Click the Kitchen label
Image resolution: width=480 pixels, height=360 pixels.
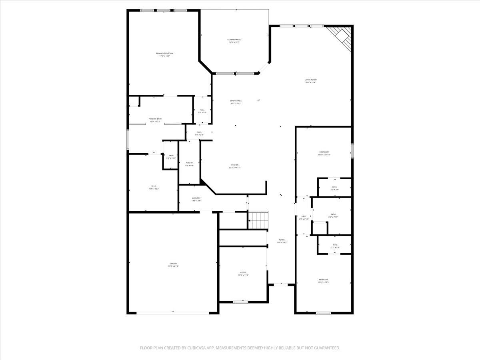[235, 166]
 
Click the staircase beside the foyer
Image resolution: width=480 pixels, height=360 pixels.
[258, 220]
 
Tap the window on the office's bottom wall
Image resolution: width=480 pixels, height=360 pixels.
[240, 302]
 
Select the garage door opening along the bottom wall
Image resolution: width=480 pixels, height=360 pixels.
[173, 313]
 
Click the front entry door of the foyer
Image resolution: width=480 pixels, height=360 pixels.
[282, 284]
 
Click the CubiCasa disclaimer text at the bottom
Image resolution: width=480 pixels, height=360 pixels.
[240, 348]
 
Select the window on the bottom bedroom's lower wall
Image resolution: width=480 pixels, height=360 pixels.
[323, 313]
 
